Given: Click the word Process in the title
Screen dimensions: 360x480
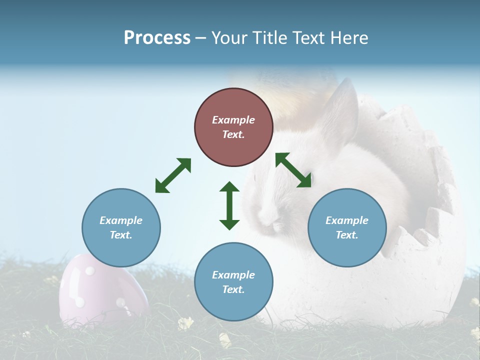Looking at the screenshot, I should (157, 38).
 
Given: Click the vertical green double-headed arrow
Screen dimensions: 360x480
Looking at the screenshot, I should (229, 205).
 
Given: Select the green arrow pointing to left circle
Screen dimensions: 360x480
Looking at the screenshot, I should (173, 175).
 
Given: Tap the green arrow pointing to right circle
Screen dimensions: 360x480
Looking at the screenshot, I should (293, 170).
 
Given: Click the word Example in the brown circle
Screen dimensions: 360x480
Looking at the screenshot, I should (233, 120).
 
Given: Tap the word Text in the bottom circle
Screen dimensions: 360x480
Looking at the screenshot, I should (233, 289).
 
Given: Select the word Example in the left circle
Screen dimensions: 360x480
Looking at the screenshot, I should (121, 220).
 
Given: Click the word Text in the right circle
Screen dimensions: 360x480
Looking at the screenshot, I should (347, 235).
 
